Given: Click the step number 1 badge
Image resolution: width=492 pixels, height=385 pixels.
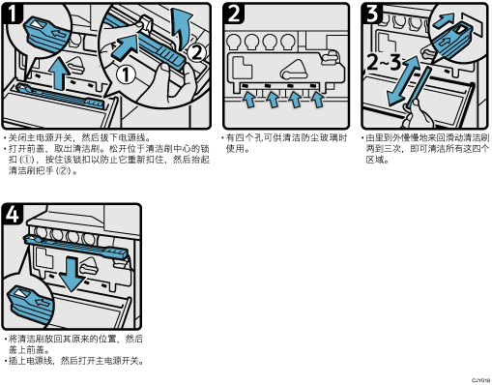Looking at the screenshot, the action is pos(13,14).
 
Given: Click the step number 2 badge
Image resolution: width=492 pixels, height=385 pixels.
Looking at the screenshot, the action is pos(234,14).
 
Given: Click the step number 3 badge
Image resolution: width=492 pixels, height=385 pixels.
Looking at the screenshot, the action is pos(372,14).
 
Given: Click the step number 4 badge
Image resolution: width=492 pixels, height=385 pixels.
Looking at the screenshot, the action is pos(13,214).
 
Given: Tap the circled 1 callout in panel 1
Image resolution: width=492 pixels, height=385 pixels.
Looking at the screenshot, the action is pos(126,74).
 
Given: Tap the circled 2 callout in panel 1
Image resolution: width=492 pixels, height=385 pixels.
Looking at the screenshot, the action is pos(196,53).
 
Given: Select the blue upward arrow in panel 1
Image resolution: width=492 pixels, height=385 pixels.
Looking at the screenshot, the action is pos(59,73).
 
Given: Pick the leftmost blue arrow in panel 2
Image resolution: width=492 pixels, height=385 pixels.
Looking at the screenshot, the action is pos(248,100).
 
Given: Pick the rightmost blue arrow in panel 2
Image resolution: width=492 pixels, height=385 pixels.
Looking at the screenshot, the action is pos(318,100).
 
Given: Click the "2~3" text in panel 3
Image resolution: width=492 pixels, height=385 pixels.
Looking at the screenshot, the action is pos(384,63).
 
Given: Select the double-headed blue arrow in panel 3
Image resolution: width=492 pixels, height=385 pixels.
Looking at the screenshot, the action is pos(404,80).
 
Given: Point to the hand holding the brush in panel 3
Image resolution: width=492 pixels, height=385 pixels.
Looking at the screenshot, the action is pos(416,114).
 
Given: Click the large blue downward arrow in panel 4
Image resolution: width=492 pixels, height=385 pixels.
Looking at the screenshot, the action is pos(72,274).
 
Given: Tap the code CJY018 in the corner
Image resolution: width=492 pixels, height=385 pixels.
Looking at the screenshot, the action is pos(481,381).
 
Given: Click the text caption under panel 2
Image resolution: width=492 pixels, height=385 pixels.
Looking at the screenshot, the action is pos(285,143).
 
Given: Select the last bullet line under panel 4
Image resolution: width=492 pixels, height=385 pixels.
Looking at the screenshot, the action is pos(74,361).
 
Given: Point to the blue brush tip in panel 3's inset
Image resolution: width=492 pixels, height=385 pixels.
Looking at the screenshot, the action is pos(452,40).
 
